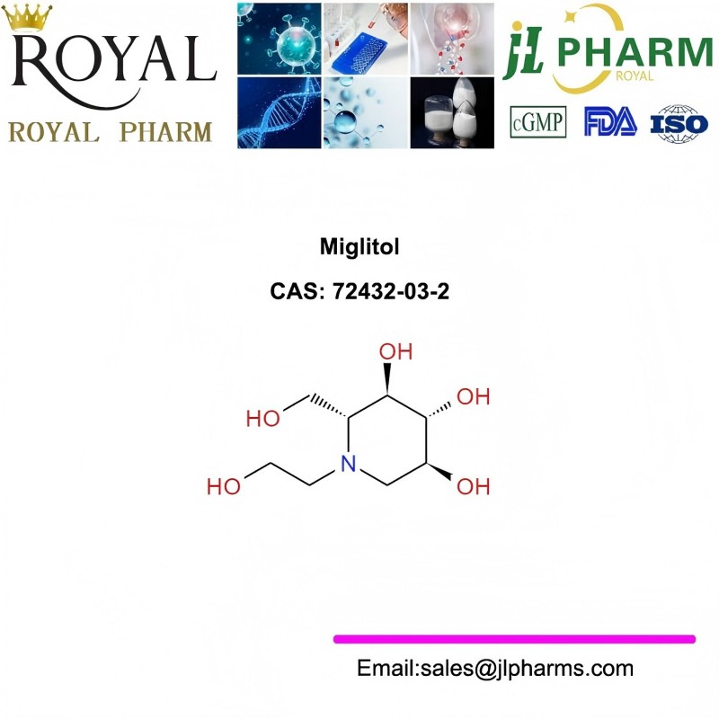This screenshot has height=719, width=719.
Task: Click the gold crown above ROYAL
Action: [28, 17]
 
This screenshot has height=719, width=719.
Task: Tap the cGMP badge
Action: [537, 122]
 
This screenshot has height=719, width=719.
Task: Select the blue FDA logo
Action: [610, 121]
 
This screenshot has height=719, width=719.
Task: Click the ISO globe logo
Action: [679, 123]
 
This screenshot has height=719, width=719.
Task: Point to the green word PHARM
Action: [635, 52]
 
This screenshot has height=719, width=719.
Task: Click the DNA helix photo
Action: [280, 113]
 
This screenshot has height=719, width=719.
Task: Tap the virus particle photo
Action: [280, 39]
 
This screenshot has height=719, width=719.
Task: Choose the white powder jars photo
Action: [452, 113]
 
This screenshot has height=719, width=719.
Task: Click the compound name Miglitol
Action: [359, 246]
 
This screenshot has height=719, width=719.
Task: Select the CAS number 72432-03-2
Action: [391, 291]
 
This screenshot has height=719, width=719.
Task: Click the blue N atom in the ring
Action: [349, 464]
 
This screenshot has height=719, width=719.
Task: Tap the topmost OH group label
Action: [395, 351]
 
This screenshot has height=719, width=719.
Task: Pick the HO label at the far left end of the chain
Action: [224, 486]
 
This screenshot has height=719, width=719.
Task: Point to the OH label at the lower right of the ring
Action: [474, 486]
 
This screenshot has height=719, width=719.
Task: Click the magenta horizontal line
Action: [514, 639]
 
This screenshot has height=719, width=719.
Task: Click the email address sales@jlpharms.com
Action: [527, 668]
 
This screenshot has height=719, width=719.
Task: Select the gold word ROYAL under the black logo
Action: [54, 132]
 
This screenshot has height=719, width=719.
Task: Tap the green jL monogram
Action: [523, 51]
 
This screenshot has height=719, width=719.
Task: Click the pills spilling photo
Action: [452, 39]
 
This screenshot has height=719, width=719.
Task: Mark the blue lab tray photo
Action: [366, 39]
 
